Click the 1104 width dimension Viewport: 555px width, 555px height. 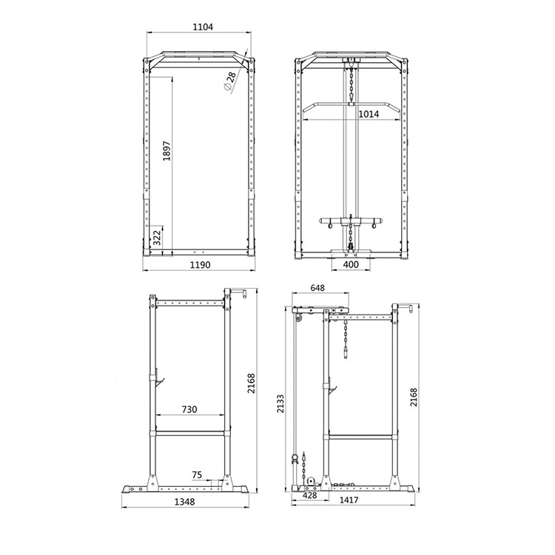point(203,27)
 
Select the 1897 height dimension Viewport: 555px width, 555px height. point(166,151)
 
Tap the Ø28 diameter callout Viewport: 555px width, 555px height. point(230,81)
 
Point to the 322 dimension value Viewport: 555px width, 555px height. point(157,237)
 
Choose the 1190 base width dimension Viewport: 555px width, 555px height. point(201,265)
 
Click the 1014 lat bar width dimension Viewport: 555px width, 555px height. point(369,114)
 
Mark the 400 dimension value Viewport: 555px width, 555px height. point(351,264)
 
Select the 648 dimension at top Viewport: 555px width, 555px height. point(317,287)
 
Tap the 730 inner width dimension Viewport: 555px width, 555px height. point(189,409)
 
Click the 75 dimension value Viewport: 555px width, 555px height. point(197,474)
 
